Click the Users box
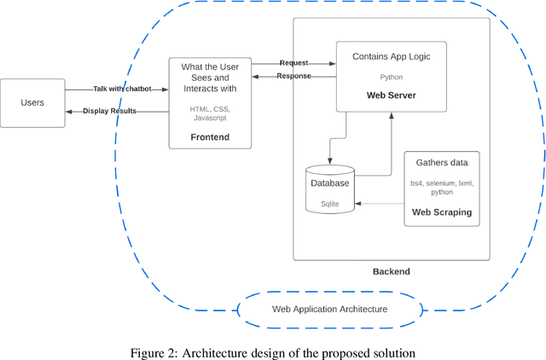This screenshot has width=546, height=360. pyautogui.click(x=32, y=103)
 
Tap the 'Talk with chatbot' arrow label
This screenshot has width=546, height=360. pyautogui.click(x=120, y=89)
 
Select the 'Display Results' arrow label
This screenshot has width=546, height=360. pyautogui.click(x=109, y=111)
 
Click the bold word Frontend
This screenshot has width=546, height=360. pyautogui.click(x=210, y=136)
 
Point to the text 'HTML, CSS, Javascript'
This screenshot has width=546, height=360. pyautogui.click(x=210, y=113)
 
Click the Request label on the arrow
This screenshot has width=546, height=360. pyautogui.click(x=293, y=63)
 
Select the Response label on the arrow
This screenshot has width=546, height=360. pyautogui.click(x=293, y=76)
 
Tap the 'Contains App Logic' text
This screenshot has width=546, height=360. pyautogui.click(x=391, y=56)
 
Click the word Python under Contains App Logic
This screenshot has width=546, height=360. pyautogui.click(x=391, y=77)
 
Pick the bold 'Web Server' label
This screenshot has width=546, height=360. pyautogui.click(x=391, y=96)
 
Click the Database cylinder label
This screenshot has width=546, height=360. pyautogui.click(x=329, y=183)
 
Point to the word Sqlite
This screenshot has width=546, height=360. pyautogui.click(x=329, y=205)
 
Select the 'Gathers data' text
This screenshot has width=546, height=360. pyautogui.click(x=442, y=162)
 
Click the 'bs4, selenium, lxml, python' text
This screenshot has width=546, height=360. pyautogui.click(x=442, y=188)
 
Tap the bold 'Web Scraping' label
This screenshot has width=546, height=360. pyautogui.click(x=442, y=212)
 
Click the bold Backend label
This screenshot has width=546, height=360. pyautogui.click(x=391, y=271)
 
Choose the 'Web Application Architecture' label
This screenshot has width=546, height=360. pyautogui.click(x=329, y=309)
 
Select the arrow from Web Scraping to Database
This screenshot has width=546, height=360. pyautogui.click(x=380, y=203)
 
